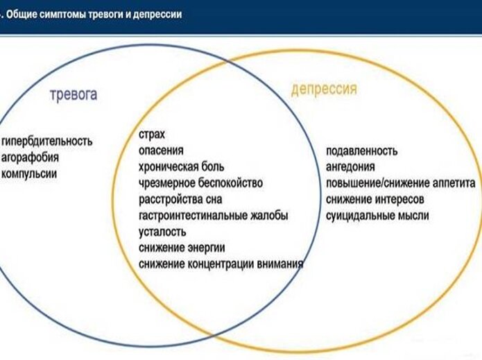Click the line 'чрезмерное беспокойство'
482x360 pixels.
pos(200,183)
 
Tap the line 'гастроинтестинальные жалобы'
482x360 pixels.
pos(213,215)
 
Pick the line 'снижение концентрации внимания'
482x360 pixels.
pos(221,264)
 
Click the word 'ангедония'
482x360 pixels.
pos(350,167)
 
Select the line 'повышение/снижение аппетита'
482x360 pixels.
pos(400,183)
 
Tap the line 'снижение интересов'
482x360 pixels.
pos(375,200)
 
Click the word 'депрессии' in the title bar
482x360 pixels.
pos(162,14)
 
